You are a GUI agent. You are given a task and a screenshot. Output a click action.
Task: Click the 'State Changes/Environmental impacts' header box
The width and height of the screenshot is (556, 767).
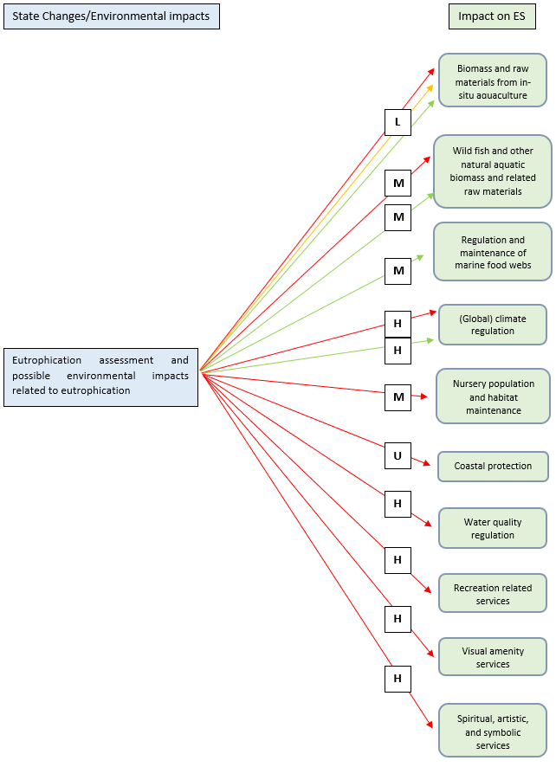click(111, 16)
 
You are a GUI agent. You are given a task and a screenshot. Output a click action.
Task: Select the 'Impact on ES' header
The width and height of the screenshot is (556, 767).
click(491, 16)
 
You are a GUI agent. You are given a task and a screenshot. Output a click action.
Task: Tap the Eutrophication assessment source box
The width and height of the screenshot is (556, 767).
click(100, 377)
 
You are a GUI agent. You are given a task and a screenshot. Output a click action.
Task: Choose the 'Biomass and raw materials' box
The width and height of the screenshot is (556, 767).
click(493, 81)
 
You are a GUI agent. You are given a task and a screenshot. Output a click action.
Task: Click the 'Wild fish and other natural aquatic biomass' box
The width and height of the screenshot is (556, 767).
click(493, 171)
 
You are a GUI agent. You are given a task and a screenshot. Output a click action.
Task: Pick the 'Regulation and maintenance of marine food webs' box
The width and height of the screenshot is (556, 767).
click(493, 252)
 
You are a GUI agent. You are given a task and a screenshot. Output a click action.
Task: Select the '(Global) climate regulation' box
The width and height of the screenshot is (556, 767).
click(493, 325)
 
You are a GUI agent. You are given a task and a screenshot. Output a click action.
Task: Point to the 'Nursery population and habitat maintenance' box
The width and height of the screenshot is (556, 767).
click(493, 396)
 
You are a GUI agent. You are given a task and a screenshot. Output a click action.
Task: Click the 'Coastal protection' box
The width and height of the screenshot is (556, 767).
click(493, 466)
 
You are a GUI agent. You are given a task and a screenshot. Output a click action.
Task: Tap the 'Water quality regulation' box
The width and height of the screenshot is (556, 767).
click(493, 528)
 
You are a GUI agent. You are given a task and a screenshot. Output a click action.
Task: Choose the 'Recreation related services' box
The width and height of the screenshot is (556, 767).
click(493, 594)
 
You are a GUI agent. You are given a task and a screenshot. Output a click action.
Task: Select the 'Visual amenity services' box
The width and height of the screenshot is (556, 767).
click(493, 657)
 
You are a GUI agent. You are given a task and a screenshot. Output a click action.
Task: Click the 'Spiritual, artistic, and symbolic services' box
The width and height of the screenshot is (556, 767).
click(493, 732)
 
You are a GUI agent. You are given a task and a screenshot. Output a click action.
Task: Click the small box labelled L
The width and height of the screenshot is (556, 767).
click(398, 122)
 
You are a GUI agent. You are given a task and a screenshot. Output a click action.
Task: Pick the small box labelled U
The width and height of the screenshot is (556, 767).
click(398, 454)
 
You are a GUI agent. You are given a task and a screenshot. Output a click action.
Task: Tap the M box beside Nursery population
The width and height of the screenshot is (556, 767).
click(398, 397)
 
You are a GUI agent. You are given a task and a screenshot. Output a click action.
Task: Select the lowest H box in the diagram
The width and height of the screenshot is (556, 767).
click(398, 679)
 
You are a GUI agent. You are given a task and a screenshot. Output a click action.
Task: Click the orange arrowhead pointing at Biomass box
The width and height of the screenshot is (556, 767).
click(431, 87)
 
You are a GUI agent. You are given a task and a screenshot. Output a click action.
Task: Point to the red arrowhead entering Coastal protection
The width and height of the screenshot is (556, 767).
click(426, 464)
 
